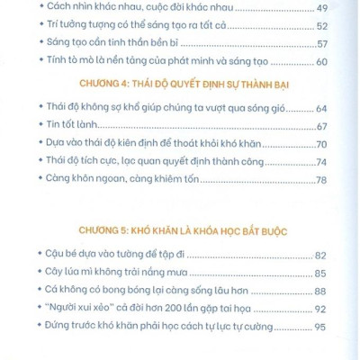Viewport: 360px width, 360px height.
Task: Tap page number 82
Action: tap(331, 255)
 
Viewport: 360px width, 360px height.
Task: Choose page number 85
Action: tap(331, 271)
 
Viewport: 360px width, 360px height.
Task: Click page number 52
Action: tap(331, 28)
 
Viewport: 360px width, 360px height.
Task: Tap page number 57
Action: tap(331, 44)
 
